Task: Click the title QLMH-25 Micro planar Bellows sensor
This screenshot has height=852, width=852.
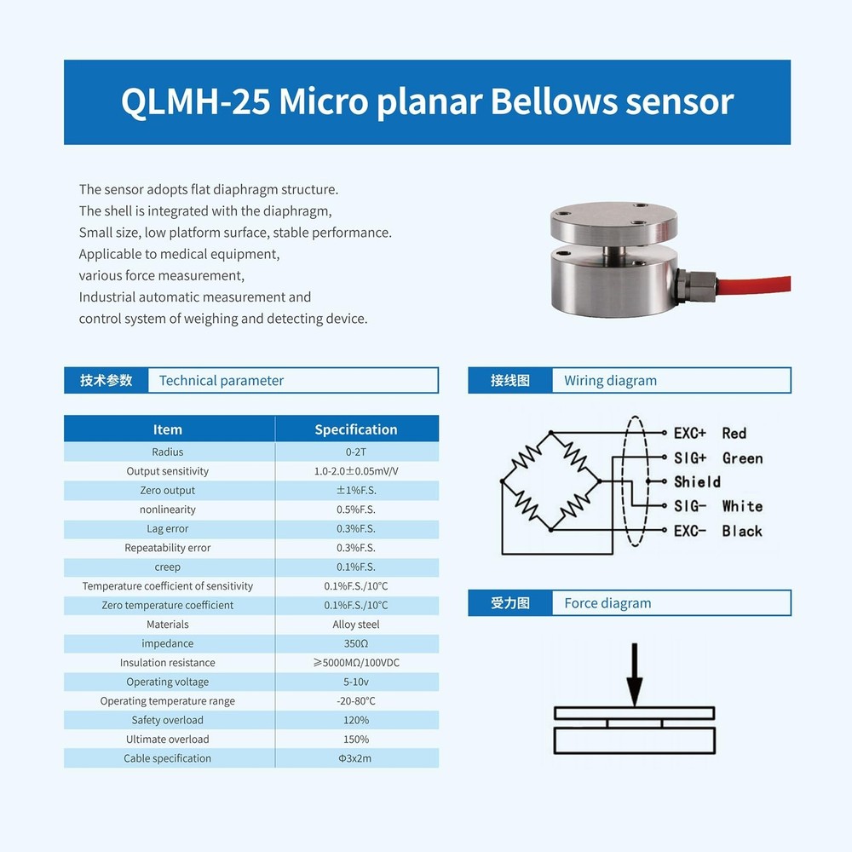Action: (427, 102)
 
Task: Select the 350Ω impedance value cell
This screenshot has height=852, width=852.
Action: (356, 643)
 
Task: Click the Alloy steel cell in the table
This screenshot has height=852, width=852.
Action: (356, 625)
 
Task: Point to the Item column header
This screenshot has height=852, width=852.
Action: (168, 429)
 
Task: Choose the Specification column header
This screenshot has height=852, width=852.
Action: (356, 429)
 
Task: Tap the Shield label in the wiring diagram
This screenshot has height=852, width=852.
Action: (697, 481)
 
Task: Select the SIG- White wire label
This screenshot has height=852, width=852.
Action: (717, 506)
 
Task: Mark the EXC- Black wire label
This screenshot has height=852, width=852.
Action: (717, 531)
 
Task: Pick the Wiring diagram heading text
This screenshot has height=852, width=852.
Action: (610, 381)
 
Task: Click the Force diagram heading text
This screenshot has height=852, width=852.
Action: (607, 603)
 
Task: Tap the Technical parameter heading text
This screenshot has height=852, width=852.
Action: (222, 381)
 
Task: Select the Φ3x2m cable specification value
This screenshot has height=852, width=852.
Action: (356, 758)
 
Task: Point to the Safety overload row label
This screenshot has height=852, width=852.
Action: (168, 720)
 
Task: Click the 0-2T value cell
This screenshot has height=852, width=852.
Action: (356, 452)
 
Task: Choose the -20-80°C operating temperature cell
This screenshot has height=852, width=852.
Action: (356, 701)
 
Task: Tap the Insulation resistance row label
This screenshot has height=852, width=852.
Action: (168, 663)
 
